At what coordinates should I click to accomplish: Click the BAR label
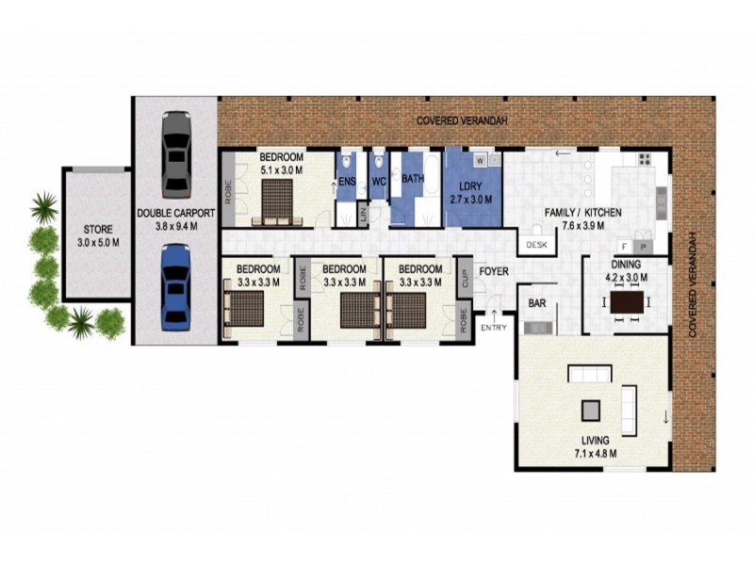[x=537, y=304]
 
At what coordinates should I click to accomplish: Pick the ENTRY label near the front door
[x=493, y=328]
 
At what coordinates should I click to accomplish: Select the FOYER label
[x=494, y=273]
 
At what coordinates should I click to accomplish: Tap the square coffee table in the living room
[x=591, y=410]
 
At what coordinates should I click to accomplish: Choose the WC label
[x=380, y=180]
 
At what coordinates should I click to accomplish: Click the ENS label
[x=347, y=180]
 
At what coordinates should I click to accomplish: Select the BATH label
[x=413, y=178]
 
